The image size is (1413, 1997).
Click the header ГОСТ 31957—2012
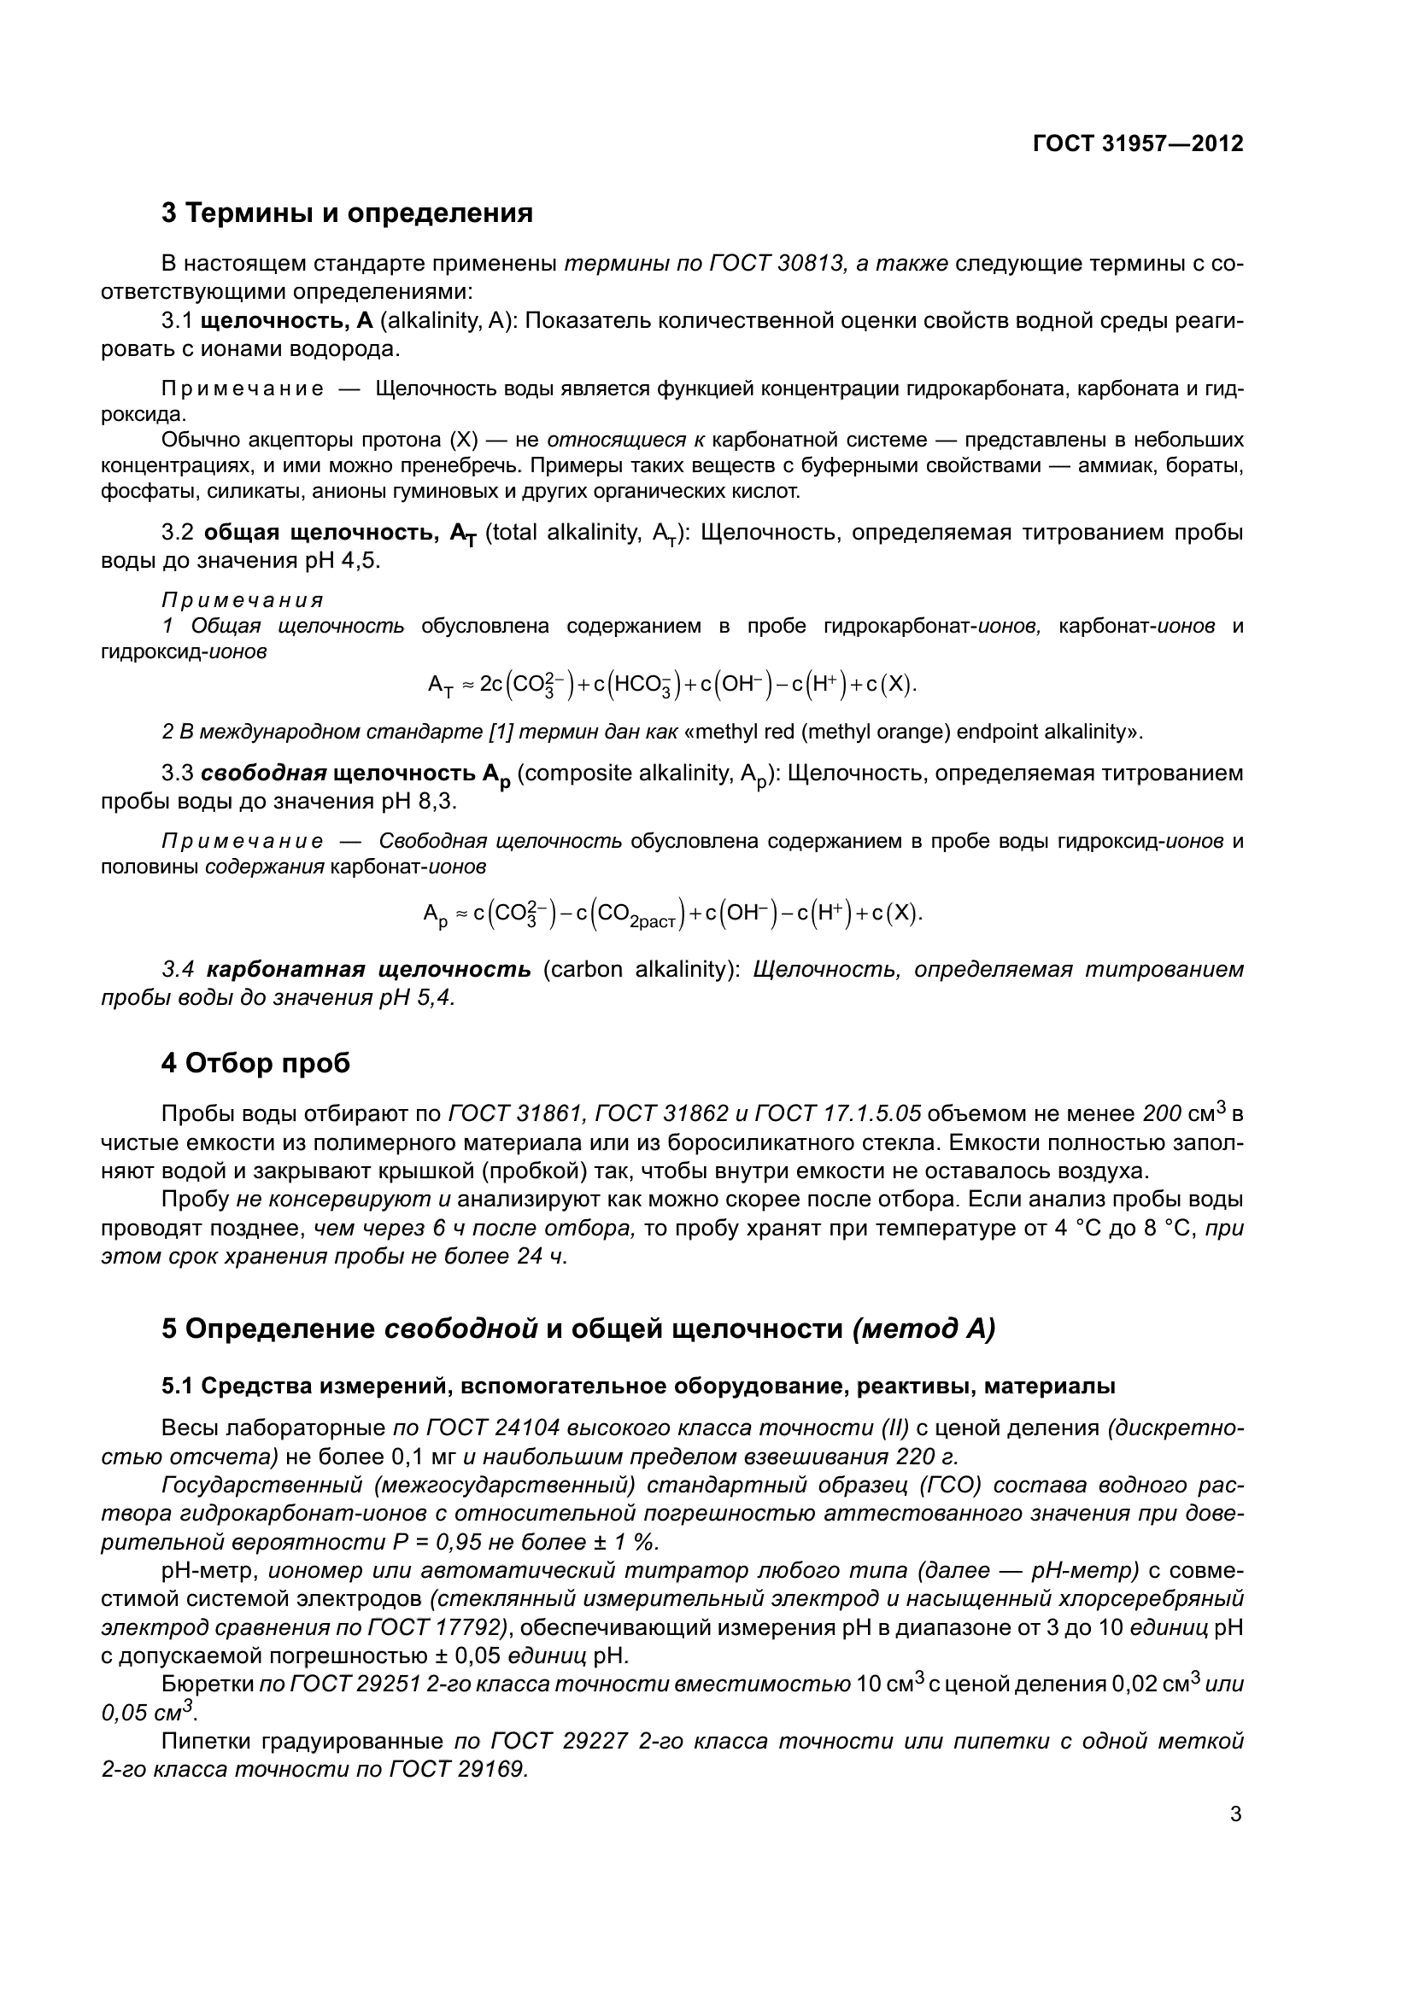tap(1137, 143)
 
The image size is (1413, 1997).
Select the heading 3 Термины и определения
tap(347, 213)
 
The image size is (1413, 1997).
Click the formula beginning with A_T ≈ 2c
tap(671, 686)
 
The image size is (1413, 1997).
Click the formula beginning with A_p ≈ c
tap(671, 914)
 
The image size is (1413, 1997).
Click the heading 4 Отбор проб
tap(255, 1063)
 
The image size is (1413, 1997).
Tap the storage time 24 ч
tap(540, 1257)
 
